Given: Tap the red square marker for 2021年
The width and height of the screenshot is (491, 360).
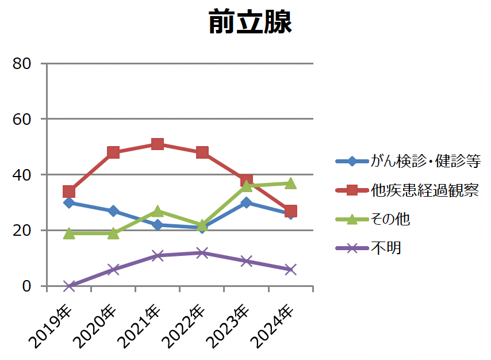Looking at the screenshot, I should pos(158,144).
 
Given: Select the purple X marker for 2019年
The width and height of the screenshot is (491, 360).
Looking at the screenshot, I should pos(69,286).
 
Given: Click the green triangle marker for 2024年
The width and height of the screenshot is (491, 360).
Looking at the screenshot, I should pos(291,183).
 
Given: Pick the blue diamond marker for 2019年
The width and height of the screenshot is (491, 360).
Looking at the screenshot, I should pos(69,202).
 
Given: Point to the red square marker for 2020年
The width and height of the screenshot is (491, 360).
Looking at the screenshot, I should pos(113,152).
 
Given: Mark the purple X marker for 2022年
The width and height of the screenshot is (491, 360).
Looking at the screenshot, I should pos(202,252).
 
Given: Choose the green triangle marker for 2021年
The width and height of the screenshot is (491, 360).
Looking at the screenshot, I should pos(158,211).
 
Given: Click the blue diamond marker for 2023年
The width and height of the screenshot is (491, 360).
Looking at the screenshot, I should pos(247,202).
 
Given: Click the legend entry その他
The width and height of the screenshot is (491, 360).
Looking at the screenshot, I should pos(390,219).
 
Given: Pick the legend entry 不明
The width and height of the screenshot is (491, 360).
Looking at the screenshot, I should pos(385,248).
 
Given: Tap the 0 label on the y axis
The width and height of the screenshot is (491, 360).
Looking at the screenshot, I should pos(26,286).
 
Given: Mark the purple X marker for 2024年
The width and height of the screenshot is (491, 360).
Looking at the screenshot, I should pos(291,269).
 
